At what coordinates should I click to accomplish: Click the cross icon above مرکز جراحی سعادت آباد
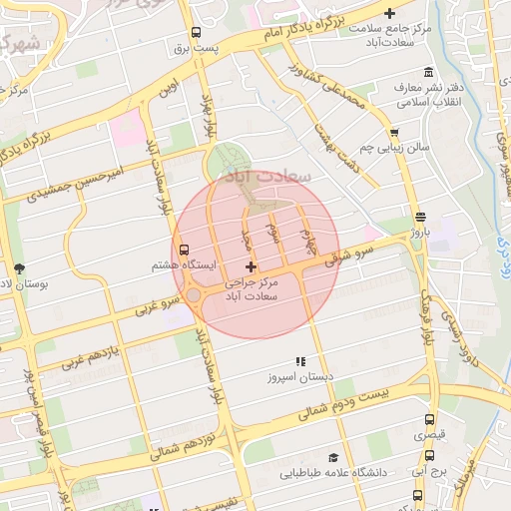pos(250,266)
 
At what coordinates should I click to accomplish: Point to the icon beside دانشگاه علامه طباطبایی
pos(345,456)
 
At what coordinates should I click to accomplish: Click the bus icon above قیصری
pos(430,420)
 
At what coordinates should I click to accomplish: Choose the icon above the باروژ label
pos(419,216)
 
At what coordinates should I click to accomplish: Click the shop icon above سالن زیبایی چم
pos(394,132)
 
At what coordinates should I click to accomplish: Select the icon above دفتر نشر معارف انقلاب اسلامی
pos(428,72)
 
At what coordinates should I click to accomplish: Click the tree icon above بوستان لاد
pos(19,267)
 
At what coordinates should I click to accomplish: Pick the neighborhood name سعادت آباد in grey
pos(269,175)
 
